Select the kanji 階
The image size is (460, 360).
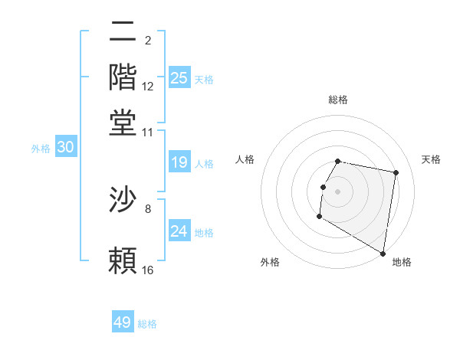coord(123,77)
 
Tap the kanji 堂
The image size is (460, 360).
coord(123,123)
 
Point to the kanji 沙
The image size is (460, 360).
coord(123,200)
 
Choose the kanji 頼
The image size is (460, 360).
coord(123,261)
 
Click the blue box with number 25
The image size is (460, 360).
coord(179,77)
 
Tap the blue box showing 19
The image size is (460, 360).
coord(179,162)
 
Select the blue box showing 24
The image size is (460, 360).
coord(179,231)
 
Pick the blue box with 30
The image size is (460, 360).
coord(65,148)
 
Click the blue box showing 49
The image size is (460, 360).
coord(123,322)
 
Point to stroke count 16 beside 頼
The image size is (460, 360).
coord(148,270)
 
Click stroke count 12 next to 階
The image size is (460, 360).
coord(148,87)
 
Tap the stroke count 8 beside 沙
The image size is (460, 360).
coord(148,208)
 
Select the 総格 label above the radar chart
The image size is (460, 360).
coord(338,100)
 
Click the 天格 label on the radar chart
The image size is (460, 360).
coord(431,159)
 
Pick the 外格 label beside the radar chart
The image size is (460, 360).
coord(270,262)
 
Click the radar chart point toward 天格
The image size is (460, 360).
coord(396,173)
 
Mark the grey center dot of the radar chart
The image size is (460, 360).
coord(338,191)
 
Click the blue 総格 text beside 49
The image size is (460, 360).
coord(147,324)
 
